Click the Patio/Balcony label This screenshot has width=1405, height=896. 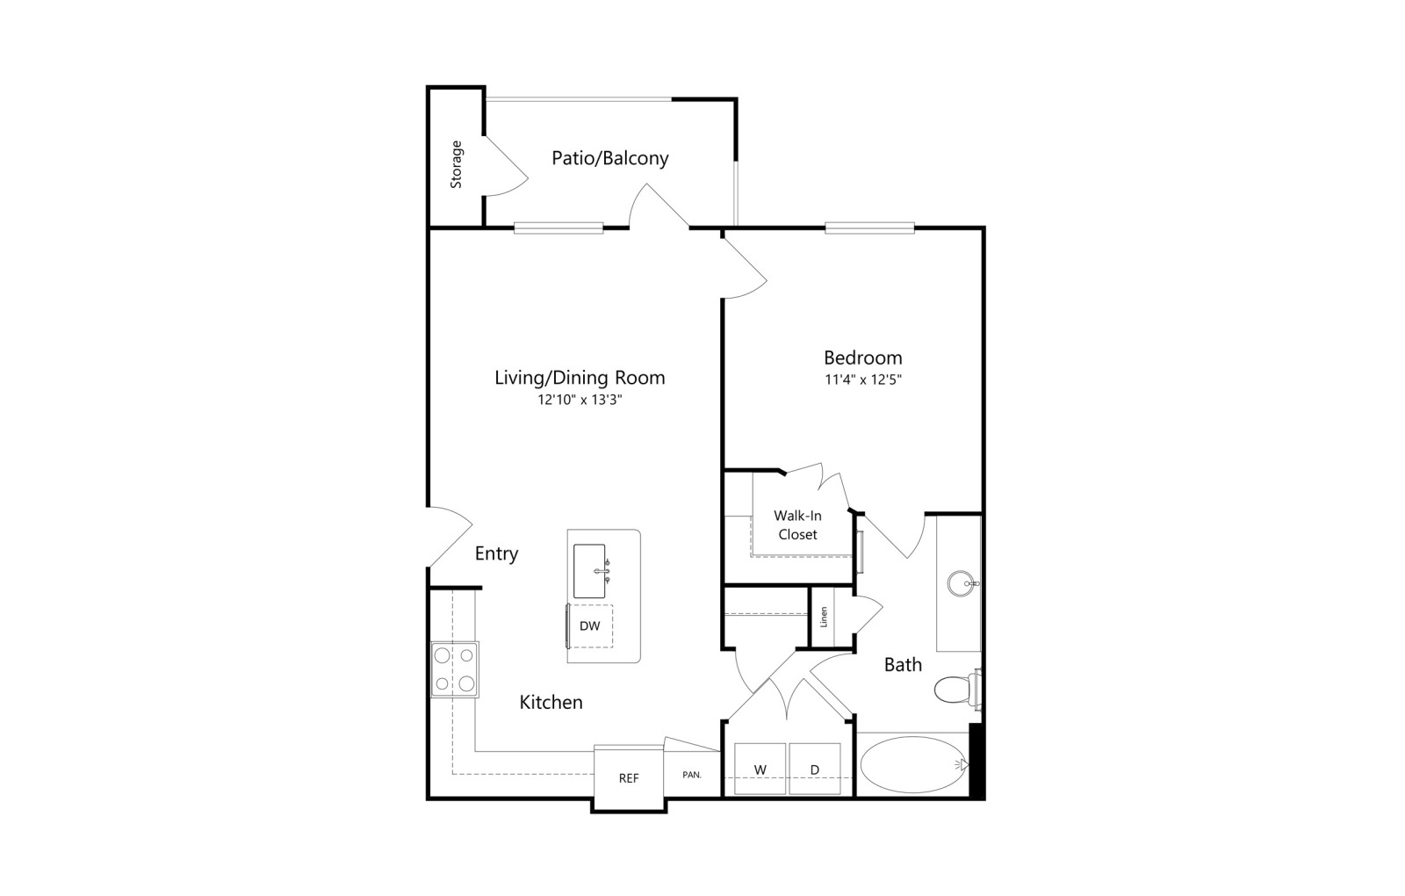point(609,158)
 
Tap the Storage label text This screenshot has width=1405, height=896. point(456,164)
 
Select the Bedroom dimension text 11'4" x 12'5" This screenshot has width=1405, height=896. point(863,379)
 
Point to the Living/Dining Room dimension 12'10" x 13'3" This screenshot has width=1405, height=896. point(580,400)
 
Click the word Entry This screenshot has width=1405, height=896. point(496,553)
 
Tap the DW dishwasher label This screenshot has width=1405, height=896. point(589,625)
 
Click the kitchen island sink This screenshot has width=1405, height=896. point(590,571)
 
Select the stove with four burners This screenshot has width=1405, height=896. point(455,669)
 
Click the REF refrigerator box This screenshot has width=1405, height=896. point(629,778)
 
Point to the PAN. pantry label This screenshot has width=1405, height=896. point(692,775)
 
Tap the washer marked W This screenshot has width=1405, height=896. point(760,769)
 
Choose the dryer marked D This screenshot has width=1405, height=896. point(815,769)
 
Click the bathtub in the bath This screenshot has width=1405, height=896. point(914,765)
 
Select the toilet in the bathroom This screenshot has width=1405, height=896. point(956,690)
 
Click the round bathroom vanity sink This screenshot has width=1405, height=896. point(962,583)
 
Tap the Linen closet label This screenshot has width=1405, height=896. point(825,617)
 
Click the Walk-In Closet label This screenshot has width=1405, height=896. point(798,525)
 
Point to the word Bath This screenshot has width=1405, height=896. point(904,664)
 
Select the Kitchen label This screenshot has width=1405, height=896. point(551,702)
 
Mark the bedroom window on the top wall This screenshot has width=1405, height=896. point(869,228)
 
